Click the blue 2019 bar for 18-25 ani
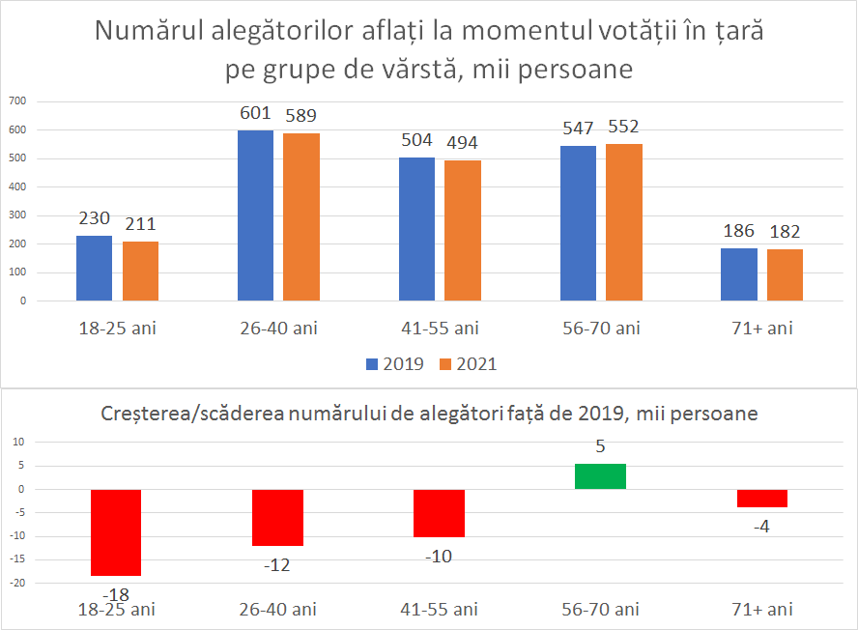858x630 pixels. pos(95,268)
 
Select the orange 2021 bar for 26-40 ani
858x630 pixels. pos(301,216)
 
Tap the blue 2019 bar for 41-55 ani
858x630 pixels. pos(416,229)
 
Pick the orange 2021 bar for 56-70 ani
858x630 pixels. pos(624,222)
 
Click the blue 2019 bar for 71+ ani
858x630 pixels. pos(739,274)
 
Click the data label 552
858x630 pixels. pos(623,127)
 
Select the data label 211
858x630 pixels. pos(140,224)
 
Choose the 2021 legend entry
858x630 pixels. pos(469,364)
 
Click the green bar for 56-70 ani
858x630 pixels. pos(600,476)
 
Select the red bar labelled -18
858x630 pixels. pos(116,532)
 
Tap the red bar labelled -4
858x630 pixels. pos(761,498)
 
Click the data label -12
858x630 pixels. pos(276,565)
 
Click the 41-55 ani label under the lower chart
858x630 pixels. pos(439,609)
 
